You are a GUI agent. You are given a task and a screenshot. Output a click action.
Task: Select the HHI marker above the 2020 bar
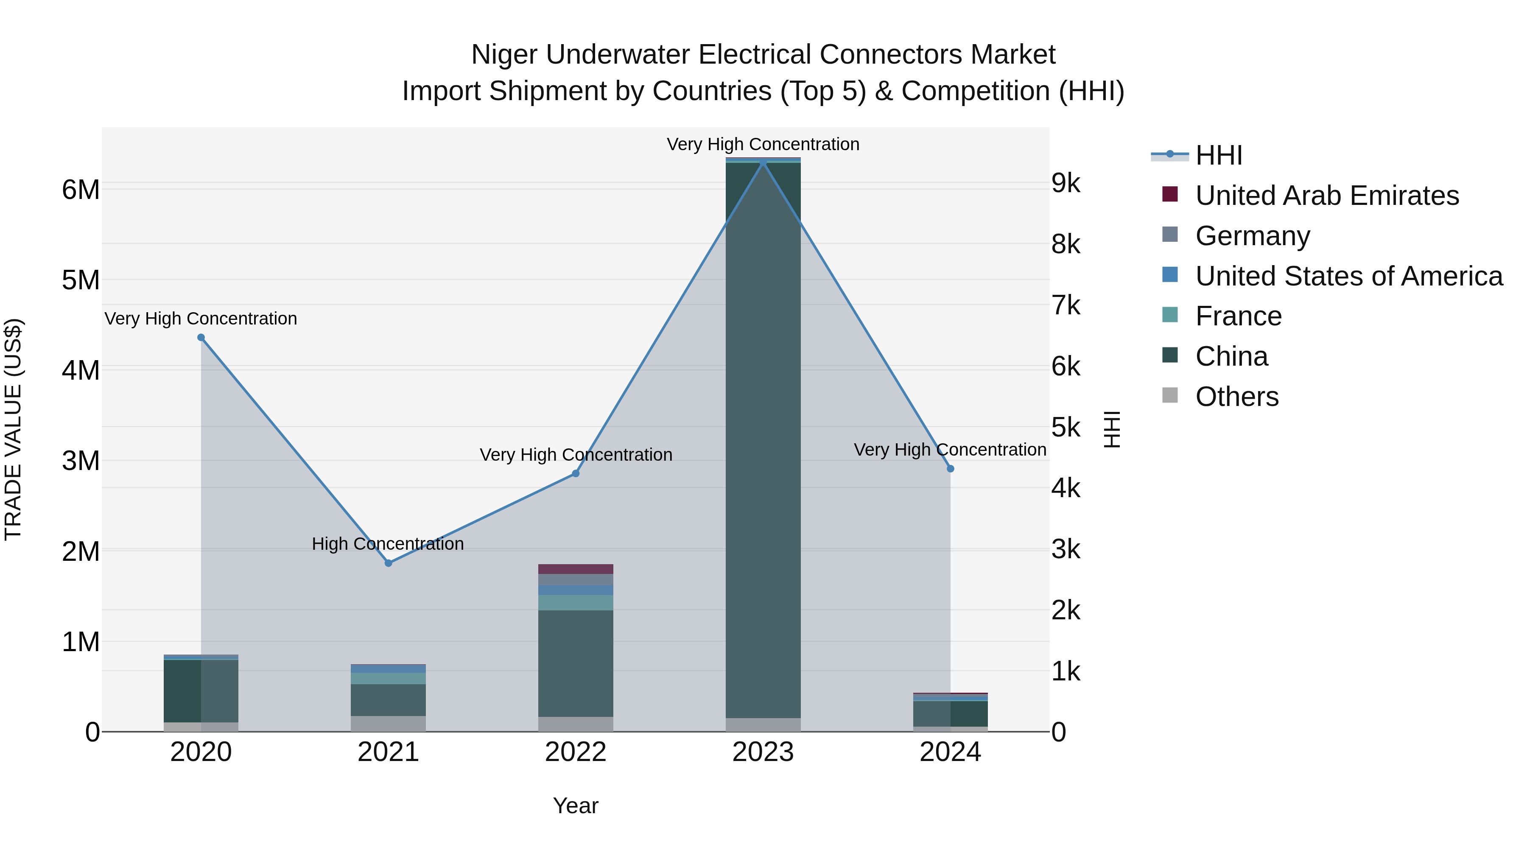click(x=201, y=337)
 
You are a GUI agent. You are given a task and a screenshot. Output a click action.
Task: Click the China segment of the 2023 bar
click(x=763, y=439)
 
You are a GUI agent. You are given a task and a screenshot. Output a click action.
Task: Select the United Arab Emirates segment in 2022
click(x=576, y=569)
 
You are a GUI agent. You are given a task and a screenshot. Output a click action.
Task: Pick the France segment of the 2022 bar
click(x=576, y=602)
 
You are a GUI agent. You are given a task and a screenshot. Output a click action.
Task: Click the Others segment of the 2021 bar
click(x=388, y=723)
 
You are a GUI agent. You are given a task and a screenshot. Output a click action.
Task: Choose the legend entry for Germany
click(x=1253, y=235)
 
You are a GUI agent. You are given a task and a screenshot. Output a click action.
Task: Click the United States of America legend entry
click(x=1348, y=276)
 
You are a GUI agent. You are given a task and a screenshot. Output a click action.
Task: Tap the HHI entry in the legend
click(x=1219, y=155)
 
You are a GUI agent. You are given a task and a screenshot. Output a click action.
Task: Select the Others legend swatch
click(x=1170, y=395)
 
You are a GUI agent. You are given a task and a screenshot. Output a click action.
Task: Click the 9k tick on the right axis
click(x=1066, y=183)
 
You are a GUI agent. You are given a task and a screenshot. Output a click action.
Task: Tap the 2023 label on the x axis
click(x=763, y=752)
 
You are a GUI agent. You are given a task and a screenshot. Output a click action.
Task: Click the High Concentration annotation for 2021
click(x=388, y=544)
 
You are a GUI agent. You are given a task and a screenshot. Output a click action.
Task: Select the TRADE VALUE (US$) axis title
click(x=13, y=429)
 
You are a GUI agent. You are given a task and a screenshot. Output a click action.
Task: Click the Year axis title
click(x=576, y=806)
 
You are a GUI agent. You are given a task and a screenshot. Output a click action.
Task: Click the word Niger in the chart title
click(x=504, y=55)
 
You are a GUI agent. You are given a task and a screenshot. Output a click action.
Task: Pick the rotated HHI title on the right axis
click(x=1112, y=429)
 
